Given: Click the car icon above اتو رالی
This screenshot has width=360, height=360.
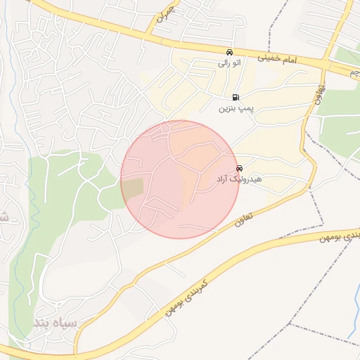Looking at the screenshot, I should [x=229, y=52].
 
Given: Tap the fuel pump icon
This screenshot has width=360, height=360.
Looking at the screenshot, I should [x=234, y=97].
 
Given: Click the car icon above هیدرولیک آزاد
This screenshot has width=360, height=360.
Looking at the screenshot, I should [x=240, y=169].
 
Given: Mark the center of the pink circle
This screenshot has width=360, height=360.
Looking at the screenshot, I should [x=180, y=179].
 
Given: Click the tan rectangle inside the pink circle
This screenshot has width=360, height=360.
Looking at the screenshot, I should [x=132, y=188].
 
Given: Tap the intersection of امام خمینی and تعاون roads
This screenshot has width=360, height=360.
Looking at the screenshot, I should [x=325, y=65].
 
